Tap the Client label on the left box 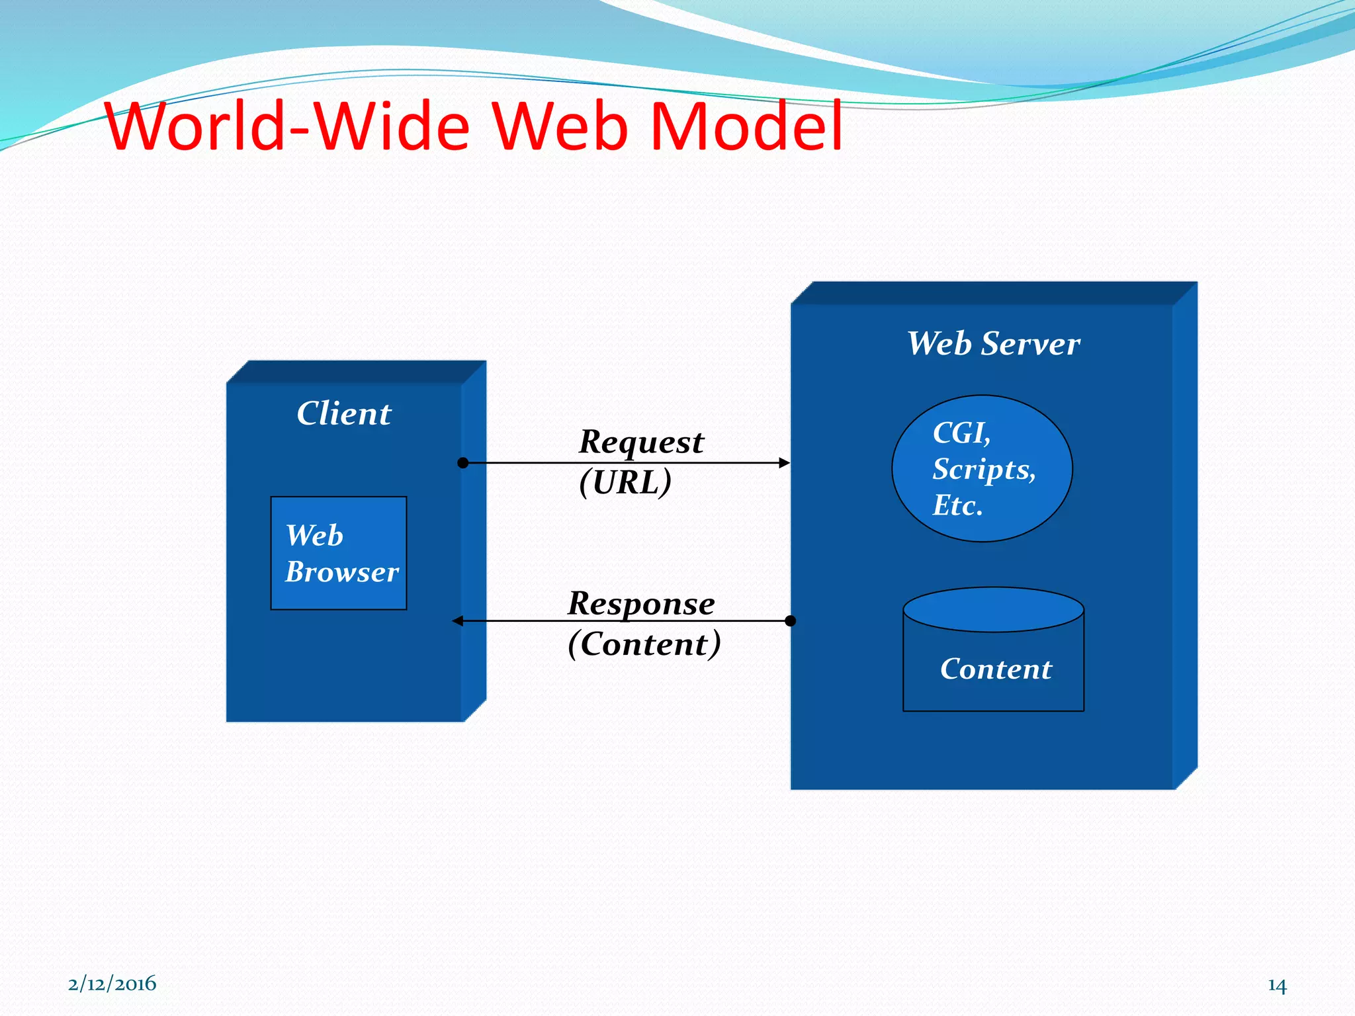(343, 414)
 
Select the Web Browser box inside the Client (339, 553)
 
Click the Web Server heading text (993, 344)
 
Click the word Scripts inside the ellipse (983, 470)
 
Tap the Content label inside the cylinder (995, 669)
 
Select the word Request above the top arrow (641, 442)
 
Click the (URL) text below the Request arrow (625, 482)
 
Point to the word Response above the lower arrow (641, 603)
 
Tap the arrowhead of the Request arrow (785, 463)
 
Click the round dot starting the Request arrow (463, 463)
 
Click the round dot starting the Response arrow (790, 620)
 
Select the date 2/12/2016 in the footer (112, 984)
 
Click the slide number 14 (1277, 986)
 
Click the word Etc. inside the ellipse (957, 506)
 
